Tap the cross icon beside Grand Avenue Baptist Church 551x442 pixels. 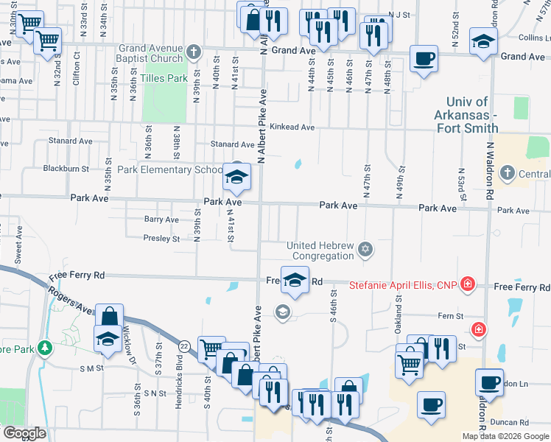[194, 52]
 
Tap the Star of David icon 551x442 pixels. [365, 250]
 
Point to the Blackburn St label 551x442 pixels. [66, 169]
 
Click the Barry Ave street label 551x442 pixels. [161, 220]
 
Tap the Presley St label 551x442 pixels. [161, 239]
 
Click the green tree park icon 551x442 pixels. [46, 348]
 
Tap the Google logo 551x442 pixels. [25, 434]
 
